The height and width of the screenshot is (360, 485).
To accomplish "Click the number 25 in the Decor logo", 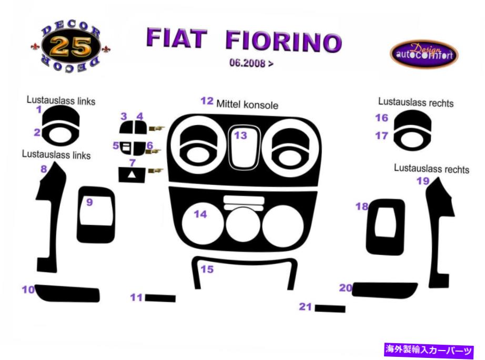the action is [70, 47].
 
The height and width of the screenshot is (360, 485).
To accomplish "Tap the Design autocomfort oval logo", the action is [424, 54].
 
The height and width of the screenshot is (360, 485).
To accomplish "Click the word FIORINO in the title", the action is [284, 41].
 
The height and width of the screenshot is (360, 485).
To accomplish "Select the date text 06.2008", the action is [247, 63].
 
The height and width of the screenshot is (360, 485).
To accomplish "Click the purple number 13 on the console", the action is [240, 136].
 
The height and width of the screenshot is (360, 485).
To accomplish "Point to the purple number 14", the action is [200, 214].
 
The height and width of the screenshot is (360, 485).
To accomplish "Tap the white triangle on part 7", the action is [132, 174].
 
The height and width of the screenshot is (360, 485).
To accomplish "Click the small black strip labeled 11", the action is [160, 298].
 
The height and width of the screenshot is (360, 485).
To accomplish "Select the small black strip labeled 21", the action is [330, 308].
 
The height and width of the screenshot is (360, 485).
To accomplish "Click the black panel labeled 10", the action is [67, 293].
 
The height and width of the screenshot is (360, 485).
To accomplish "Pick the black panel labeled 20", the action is [385, 291].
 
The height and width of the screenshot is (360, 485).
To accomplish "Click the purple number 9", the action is [89, 202].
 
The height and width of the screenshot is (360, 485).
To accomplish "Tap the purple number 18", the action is [361, 206].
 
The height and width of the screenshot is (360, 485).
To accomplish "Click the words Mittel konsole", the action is [247, 105].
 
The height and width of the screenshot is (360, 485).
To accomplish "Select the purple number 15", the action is [207, 269].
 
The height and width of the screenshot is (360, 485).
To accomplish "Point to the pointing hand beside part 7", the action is [156, 171].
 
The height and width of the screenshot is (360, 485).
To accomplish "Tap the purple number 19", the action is [423, 181].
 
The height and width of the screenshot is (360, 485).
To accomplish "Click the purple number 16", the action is [381, 118].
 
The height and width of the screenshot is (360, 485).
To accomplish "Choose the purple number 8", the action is [44, 169].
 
